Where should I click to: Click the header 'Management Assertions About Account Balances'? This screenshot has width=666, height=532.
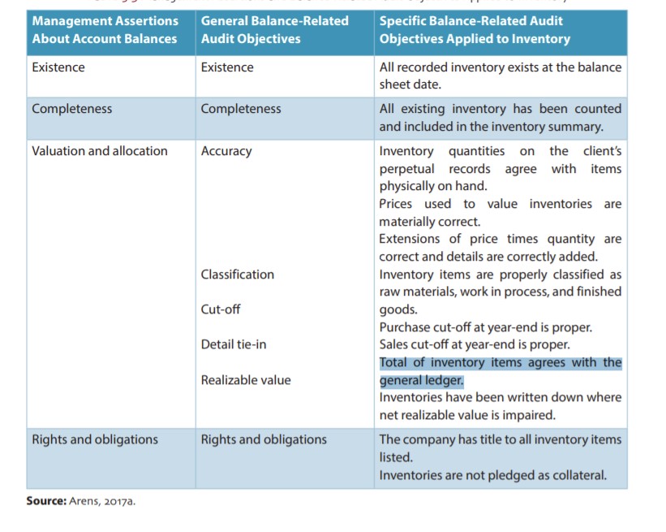105,29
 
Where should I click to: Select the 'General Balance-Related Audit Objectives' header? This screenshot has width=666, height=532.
274,29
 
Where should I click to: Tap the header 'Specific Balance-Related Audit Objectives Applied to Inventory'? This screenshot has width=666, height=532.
475,29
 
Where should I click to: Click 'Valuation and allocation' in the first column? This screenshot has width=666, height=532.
100,151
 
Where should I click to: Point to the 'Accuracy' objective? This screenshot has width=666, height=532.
226,151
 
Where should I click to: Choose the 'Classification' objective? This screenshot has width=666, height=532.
237,275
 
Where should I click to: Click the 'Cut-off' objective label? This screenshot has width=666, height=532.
221,309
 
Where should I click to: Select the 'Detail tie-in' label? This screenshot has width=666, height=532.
234,344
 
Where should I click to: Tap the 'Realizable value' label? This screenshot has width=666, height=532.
245,380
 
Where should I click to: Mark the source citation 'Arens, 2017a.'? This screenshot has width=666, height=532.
102,501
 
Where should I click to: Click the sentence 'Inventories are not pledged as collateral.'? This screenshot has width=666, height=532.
492,475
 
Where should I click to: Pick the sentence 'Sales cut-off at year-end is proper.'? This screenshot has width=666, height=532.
474,344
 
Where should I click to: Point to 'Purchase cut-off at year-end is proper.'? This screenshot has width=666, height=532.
485,327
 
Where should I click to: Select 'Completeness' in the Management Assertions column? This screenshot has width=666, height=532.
72,109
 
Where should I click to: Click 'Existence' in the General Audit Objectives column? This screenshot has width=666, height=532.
227,67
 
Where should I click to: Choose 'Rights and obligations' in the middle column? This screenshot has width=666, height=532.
264,439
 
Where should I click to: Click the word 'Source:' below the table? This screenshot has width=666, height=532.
45,501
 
